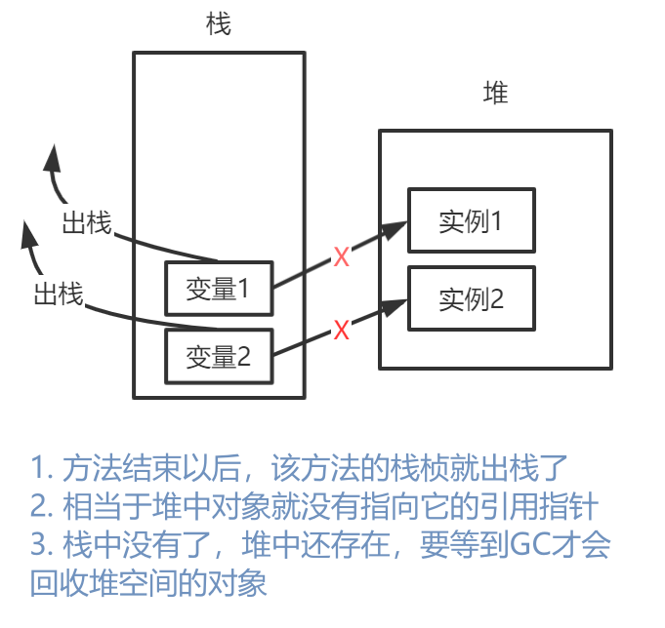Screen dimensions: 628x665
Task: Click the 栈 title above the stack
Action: pos(219,24)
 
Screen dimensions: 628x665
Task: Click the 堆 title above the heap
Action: pos(496,94)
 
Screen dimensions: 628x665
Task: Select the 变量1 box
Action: pos(219,289)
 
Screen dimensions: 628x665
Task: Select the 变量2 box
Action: pos(219,357)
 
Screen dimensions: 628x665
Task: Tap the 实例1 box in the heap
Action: pos(471,220)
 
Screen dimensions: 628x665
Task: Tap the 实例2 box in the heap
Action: pos(471,298)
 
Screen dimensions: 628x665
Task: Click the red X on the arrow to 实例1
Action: pos(341,257)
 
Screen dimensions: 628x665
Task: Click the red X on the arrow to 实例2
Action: pos(341,330)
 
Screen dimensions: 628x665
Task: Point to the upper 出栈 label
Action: pos(86,223)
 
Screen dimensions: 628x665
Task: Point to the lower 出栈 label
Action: pos(58,294)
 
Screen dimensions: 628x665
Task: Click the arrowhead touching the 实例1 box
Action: pos(395,229)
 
